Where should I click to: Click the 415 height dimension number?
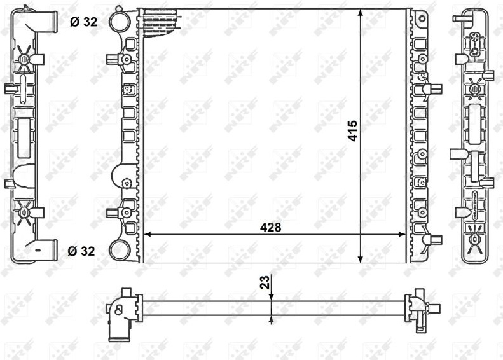click(x=352, y=130)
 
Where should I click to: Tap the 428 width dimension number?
click(x=270, y=228)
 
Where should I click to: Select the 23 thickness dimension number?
click(x=265, y=282)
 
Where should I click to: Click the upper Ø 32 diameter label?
click(x=83, y=22)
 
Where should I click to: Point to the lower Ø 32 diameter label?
click(x=81, y=251)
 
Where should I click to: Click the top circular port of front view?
click(x=120, y=20)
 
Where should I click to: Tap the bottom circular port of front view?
click(x=120, y=251)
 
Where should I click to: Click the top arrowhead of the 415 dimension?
click(x=361, y=13)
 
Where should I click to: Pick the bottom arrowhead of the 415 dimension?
click(x=361, y=260)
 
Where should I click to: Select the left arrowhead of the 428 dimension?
click(x=148, y=235)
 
